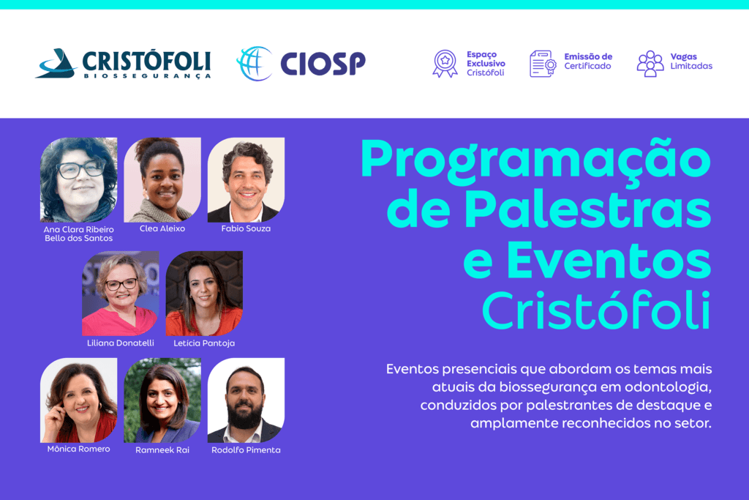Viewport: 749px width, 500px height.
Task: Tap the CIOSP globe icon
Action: (254, 64)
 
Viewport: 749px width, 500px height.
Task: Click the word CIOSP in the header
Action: (323, 64)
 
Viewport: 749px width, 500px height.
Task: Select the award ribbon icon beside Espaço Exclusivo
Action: (445, 64)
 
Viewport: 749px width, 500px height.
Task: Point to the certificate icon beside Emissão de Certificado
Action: (543, 64)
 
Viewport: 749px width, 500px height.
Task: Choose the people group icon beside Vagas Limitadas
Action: (650, 64)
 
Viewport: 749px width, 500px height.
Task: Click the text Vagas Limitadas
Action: (691, 61)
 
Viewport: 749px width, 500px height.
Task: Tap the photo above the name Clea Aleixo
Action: (162, 179)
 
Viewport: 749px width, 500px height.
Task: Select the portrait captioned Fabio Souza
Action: (246, 179)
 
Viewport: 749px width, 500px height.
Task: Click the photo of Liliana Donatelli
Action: (120, 293)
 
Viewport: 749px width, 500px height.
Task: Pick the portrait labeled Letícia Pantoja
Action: (204, 293)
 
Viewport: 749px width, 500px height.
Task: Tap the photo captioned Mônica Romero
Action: (78, 400)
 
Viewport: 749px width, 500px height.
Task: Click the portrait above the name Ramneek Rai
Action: (162, 400)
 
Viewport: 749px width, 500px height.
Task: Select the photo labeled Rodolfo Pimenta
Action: (246, 400)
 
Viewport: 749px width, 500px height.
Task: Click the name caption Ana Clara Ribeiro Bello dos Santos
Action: (78, 234)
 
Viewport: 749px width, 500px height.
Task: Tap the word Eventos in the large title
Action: (609, 261)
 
